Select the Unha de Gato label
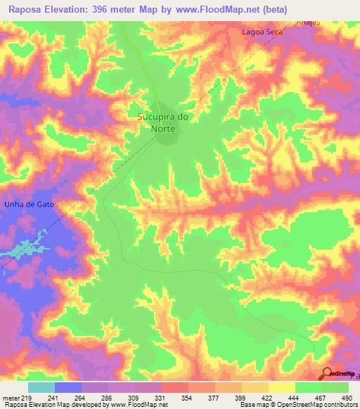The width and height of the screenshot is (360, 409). pyautogui.click(x=29, y=204)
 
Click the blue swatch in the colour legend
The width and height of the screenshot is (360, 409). pyautogui.click(x=68, y=387)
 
